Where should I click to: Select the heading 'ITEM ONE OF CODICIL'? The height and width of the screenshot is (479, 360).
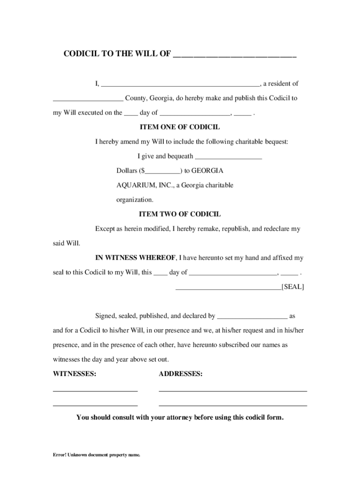click(x=180, y=127)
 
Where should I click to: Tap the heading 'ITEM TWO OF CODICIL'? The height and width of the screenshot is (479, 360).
click(x=180, y=214)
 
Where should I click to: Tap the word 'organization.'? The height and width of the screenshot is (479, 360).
click(x=135, y=200)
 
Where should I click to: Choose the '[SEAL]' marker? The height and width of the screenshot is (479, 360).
click(x=292, y=287)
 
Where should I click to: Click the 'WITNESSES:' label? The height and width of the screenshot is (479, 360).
click(x=75, y=374)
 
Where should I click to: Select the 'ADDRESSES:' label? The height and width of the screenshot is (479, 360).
click(x=180, y=374)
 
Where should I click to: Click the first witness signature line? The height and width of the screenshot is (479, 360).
click(x=95, y=390)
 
